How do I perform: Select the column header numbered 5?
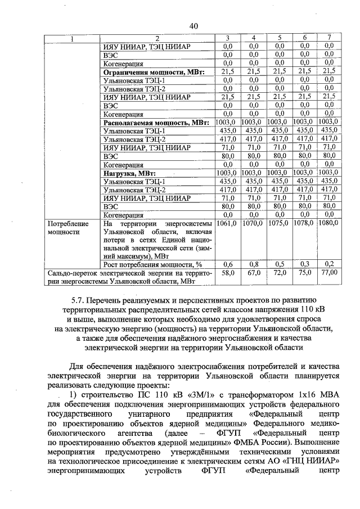coord(280,38)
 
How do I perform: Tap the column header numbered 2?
coord(157,38)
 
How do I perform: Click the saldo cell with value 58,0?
coord(228,273)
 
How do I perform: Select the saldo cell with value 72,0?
coord(280,273)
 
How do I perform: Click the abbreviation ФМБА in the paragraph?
coord(262,442)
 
